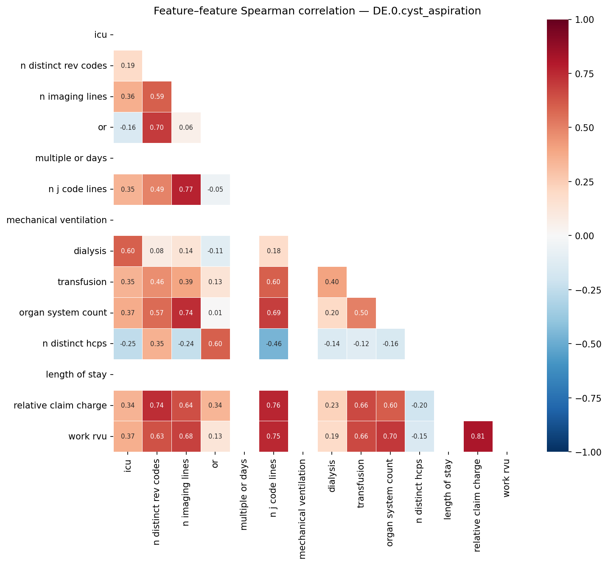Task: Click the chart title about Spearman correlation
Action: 317,11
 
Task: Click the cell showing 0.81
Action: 478,436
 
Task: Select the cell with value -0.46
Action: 274,344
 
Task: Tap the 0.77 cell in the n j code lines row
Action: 186,189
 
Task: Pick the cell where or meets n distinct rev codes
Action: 157,127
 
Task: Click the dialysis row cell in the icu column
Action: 128,251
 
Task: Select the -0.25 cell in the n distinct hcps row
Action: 128,344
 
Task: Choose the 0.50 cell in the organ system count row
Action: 361,313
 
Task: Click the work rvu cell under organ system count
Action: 390,436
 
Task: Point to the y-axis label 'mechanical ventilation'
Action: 56,220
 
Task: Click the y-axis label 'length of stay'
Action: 76,375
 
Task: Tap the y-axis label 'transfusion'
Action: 82,282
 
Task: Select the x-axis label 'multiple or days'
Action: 244,494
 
